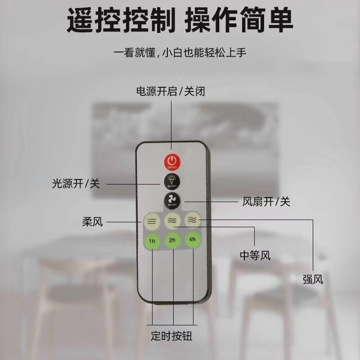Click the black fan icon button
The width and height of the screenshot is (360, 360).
171,200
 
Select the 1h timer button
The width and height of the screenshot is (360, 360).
152,241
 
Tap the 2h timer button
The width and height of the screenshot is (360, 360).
172,240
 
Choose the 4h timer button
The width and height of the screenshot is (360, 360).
192,239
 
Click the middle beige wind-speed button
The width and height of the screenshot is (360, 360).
172,220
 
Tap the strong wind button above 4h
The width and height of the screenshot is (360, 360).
192,219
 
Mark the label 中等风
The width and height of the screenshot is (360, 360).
255,256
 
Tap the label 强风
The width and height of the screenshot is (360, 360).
313,279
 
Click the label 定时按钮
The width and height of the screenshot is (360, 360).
171,336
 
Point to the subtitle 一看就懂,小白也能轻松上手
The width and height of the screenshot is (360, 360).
180,52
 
